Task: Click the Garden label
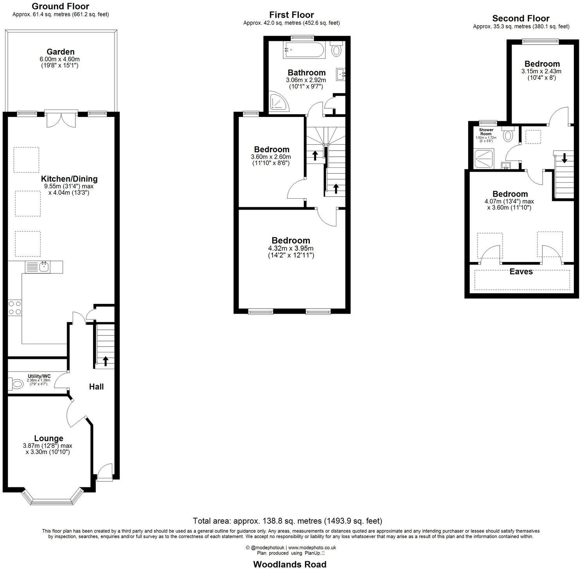tap(60, 52)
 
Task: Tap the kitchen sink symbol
tap(43, 267)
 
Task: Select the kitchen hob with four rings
tap(15, 307)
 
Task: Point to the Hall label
tap(96, 387)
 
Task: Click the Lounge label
tap(48, 438)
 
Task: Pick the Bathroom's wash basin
tap(340, 73)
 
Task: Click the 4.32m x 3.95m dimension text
tap(291, 248)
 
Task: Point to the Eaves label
tap(521, 271)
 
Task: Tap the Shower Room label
tap(486, 131)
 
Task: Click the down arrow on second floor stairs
tap(564, 158)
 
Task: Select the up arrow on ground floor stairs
tap(105, 361)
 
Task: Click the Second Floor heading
tap(521, 18)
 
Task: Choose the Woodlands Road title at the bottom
tap(289, 564)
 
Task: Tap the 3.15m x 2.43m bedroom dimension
tap(541, 71)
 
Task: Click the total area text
tap(287, 521)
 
